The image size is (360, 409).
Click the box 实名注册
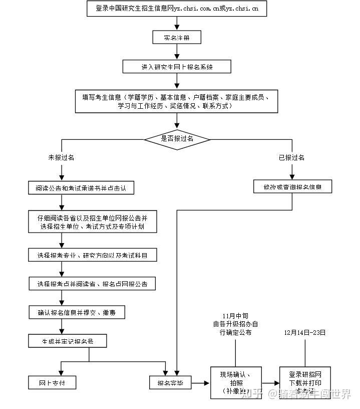(177, 38)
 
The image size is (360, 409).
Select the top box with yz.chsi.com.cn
(177, 9)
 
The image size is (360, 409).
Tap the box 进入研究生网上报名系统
(177, 67)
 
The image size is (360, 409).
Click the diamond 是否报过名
(177, 139)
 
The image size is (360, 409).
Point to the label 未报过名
(61, 157)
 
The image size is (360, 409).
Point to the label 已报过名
(291, 157)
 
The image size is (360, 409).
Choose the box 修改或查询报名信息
(292, 187)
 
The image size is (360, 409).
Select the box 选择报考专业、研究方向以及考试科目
(92, 255)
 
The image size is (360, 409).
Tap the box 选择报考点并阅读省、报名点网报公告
(92, 284)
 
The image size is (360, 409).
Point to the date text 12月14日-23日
(305, 332)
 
